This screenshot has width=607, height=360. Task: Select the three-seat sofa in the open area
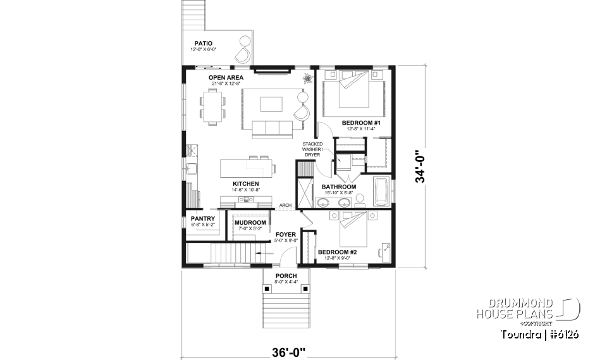click(x=272, y=128)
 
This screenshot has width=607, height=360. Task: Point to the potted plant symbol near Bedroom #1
click(x=308, y=79)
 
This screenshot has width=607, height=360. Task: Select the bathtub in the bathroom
click(x=381, y=192)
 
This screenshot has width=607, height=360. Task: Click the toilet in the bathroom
click(x=360, y=200)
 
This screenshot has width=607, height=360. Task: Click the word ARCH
click(x=285, y=205)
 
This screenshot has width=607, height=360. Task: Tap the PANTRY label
click(x=202, y=219)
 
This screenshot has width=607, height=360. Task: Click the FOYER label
click(x=286, y=234)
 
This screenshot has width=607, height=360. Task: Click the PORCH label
click(x=286, y=276)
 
